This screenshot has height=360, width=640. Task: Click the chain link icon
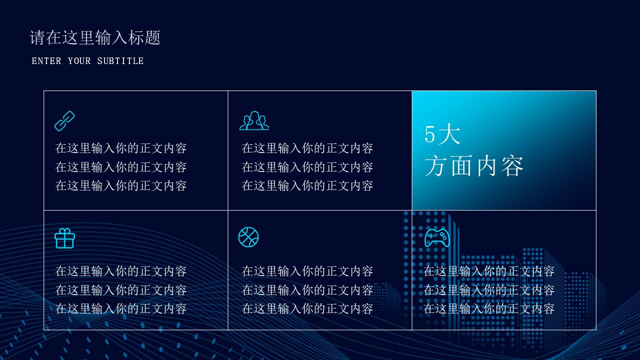pyautogui.click(x=64, y=121)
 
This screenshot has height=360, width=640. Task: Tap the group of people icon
pyautogui.click(x=254, y=121)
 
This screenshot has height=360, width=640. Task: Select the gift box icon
pyautogui.click(x=64, y=238)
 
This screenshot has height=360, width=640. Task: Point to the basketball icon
pyautogui.click(x=248, y=237)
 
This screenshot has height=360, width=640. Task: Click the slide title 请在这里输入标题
pyautogui.click(x=95, y=38)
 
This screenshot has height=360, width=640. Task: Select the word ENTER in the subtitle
pyautogui.click(x=46, y=61)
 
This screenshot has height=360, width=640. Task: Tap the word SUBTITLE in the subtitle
pyautogui.click(x=120, y=61)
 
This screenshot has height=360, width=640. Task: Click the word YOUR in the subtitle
pyautogui.click(x=79, y=61)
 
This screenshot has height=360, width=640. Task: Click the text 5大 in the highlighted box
pyautogui.click(x=442, y=134)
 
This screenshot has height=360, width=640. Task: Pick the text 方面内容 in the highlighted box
pyautogui.click(x=474, y=166)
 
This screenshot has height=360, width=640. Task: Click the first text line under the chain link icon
pyautogui.click(x=121, y=148)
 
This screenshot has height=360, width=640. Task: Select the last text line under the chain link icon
pyautogui.click(x=121, y=186)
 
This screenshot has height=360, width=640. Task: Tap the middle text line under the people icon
pyautogui.click(x=307, y=167)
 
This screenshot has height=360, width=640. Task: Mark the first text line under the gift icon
pyautogui.click(x=121, y=271)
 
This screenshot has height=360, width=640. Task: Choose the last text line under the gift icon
pyautogui.click(x=121, y=309)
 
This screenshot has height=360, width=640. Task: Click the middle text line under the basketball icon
pyautogui.click(x=307, y=290)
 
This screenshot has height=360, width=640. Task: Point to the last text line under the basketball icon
pyautogui.click(x=307, y=309)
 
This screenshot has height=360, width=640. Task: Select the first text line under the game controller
pyautogui.click(x=489, y=271)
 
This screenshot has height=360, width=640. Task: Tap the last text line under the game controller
pyautogui.click(x=489, y=309)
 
